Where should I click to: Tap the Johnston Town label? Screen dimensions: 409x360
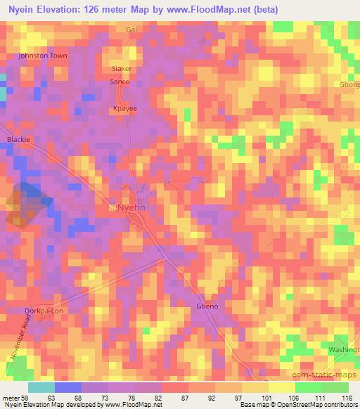[42, 55]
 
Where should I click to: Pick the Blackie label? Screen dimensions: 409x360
[18, 139]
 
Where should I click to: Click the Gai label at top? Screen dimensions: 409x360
[131, 30]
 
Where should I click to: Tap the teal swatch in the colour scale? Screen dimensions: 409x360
[41, 387]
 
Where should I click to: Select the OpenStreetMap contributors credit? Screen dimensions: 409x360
[322, 405]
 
